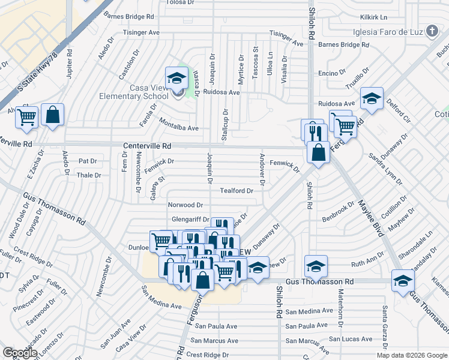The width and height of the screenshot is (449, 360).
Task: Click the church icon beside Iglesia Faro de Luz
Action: pyautogui.click(x=432, y=31)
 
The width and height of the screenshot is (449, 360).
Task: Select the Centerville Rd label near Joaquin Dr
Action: pyautogui.click(x=147, y=146)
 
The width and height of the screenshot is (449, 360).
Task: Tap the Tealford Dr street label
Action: pyautogui.click(x=237, y=191)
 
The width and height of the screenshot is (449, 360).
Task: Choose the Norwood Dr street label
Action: pyautogui.click(x=185, y=205)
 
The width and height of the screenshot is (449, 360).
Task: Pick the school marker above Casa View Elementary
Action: pyautogui.click(x=176, y=77)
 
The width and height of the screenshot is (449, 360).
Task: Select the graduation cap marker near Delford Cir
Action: pyautogui.click(x=372, y=98)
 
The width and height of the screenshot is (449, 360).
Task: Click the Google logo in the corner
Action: pyautogui.click(x=20, y=353)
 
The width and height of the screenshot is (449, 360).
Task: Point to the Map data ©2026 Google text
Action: pyautogui.click(x=411, y=355)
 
